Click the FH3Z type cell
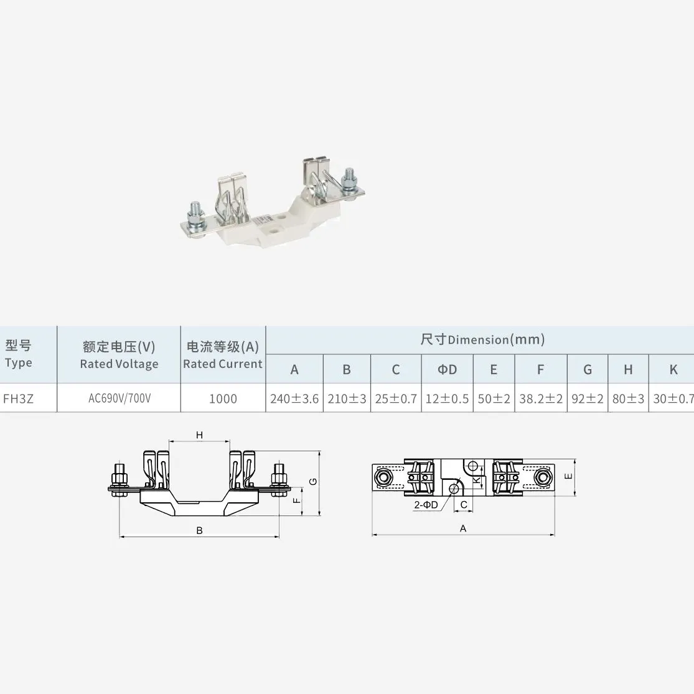click(18, 398)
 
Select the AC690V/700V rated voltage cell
click(119, 398)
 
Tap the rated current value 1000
click(223, 398)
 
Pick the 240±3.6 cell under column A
click(294, 398)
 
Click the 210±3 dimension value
click(347, 398)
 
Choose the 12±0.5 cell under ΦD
click(447, 398)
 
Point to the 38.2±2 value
click(540, 398)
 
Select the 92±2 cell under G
click(588, 398)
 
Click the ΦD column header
click(447, 370)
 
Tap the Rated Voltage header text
click(119, 364)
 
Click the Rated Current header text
click(223, 364)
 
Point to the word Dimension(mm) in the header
click(496, 340)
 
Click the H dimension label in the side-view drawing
click(199, 435)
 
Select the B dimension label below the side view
click(199, 531)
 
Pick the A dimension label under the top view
click(463, 528)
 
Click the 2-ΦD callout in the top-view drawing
click(426, 505)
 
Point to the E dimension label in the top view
click(567, 476)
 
